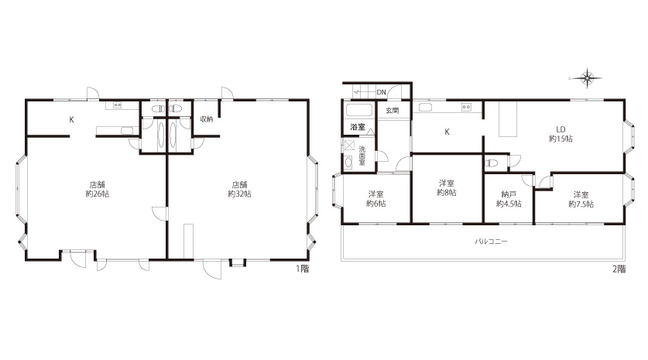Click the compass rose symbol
click(587, 77)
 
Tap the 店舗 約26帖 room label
click(98, 190)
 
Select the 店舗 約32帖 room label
click(240, 190)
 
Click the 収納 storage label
click(207, 119)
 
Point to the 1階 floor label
click(303, 269)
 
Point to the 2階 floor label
click(619, 269)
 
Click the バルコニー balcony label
click(491, 242)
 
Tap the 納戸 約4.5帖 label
click(509, 199)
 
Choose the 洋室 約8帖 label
click(447, 187)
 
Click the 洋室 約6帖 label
click(376, 199)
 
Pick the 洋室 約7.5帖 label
click(581, 199)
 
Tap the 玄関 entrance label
click(393, 111)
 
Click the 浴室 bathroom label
click(358, 127)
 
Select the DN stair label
click(381, 92)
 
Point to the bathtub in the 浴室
click(359, 111)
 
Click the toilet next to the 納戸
click(492, 163)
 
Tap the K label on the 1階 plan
click(71, 120)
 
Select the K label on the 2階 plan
click(447, 132)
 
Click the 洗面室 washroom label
click(362, 156)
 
